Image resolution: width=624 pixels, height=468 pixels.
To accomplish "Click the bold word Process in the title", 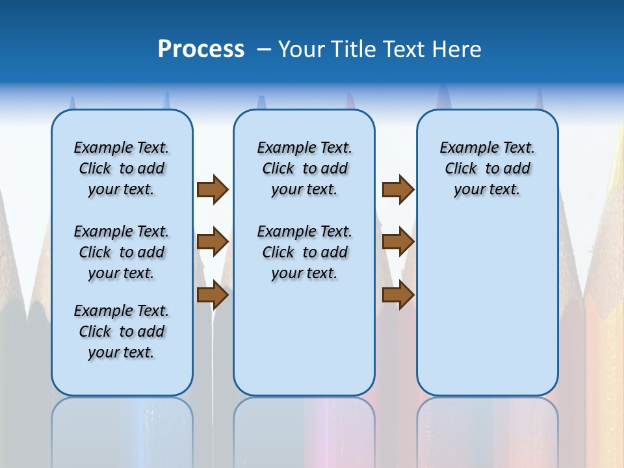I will click(x=201, y=49).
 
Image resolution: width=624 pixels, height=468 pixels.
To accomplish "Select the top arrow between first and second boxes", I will click(x=213, y=190).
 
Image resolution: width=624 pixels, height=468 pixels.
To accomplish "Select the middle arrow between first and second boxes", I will click(x=213, y=242).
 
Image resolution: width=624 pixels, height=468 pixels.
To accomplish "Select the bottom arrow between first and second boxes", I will click(x=213, y=295).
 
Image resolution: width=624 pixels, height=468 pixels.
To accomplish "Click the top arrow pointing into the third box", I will click(x=398, y=190).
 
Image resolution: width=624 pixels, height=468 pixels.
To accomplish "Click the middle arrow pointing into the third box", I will click(x=398, y=242).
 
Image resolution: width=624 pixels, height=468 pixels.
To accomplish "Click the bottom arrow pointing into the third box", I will click(x=398, y=295).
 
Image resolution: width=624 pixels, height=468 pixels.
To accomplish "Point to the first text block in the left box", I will click(x=122, y=168).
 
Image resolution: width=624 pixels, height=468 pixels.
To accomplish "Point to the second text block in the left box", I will click(x=122, y=252).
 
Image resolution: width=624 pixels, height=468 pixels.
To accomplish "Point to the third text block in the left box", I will click(x=122, y=331).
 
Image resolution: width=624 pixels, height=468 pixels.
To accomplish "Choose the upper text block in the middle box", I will click(x=304, y=168).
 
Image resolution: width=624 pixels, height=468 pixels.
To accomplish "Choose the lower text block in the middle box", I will click(x=304, y=252).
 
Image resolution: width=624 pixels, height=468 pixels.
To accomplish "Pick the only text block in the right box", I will click(x=487, y=168).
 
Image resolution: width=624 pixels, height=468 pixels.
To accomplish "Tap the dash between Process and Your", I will click(x=264, y=49).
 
